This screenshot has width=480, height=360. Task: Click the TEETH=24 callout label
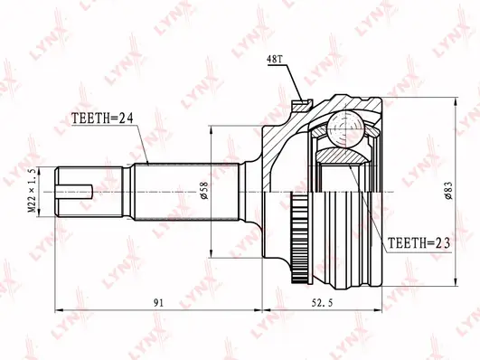pyautogui.click(x=102, y=118)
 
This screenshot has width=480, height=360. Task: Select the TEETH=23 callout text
pyautogui.click(x=419, y=243)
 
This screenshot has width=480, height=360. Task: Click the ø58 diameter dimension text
pyautogui.click(x=204, y=191)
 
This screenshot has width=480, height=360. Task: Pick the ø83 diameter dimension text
pyautogui.click(x=448, y=191)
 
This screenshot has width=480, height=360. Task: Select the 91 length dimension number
pyautogui.click(x=158, y=303)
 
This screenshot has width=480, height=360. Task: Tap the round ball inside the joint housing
pyautogui.click(x=345, y=129)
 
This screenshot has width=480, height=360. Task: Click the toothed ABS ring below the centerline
pyautogui.click(x=300, y=238)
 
